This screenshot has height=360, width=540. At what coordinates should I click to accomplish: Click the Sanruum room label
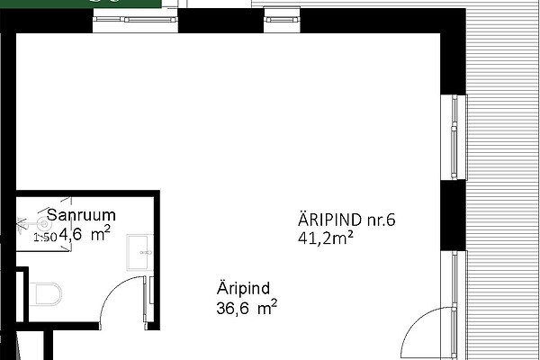point(81,215)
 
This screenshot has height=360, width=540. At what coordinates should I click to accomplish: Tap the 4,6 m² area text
point(85,234)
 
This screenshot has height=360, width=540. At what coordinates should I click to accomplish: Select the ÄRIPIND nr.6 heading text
point(346,220)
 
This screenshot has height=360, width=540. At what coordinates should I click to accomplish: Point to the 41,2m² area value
point(326,238)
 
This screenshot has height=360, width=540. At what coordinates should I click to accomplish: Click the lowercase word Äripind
point(243,288)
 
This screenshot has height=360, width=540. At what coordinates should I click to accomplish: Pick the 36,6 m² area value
point(247,307)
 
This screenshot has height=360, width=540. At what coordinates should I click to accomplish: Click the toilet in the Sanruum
point(46,294)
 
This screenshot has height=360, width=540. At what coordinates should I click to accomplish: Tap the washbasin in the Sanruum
point(139,253)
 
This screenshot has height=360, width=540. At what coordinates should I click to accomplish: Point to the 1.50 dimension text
point(45,238)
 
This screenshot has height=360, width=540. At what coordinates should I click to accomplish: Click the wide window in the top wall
point(135,20)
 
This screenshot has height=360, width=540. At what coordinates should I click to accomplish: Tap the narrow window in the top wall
point(282,20)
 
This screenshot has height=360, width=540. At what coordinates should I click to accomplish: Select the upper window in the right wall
point(454,137)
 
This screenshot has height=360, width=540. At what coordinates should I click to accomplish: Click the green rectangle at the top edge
point(81,4)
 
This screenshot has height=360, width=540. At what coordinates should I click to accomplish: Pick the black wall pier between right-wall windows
point(454,215)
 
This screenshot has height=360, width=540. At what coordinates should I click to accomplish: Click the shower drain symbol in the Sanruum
point(44,225)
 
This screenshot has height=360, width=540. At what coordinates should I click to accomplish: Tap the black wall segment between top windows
point(220,21)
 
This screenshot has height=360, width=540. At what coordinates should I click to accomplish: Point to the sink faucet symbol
point(147,253)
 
